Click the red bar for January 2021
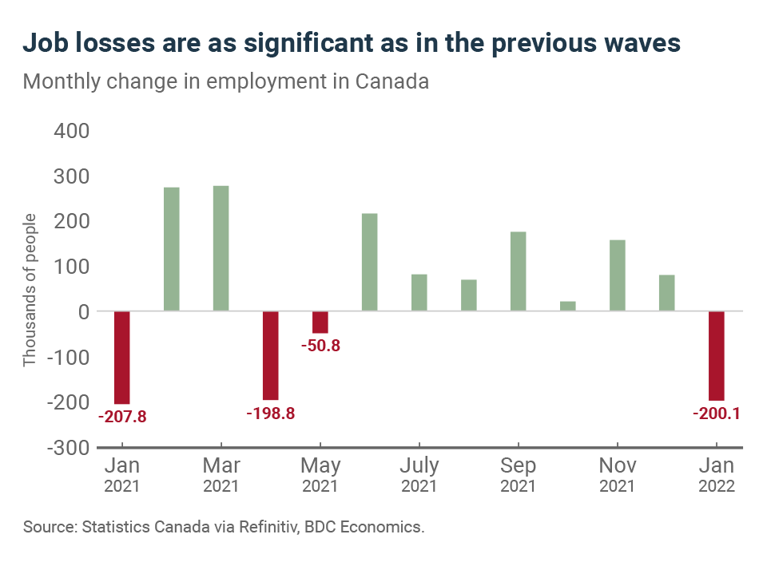point(122,357)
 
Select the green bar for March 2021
point(221,248)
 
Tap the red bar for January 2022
point(716,355)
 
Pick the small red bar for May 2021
point(320,322)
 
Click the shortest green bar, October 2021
point(567,306)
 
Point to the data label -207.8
point(122,416)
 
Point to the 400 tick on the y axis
point(71,130)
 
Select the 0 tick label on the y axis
point(83,311)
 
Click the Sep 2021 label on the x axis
point(518,473)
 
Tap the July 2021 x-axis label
point(419,473)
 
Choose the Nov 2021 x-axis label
point(617,473)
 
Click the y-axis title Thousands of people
point(30,290)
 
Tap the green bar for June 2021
point(370,262)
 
